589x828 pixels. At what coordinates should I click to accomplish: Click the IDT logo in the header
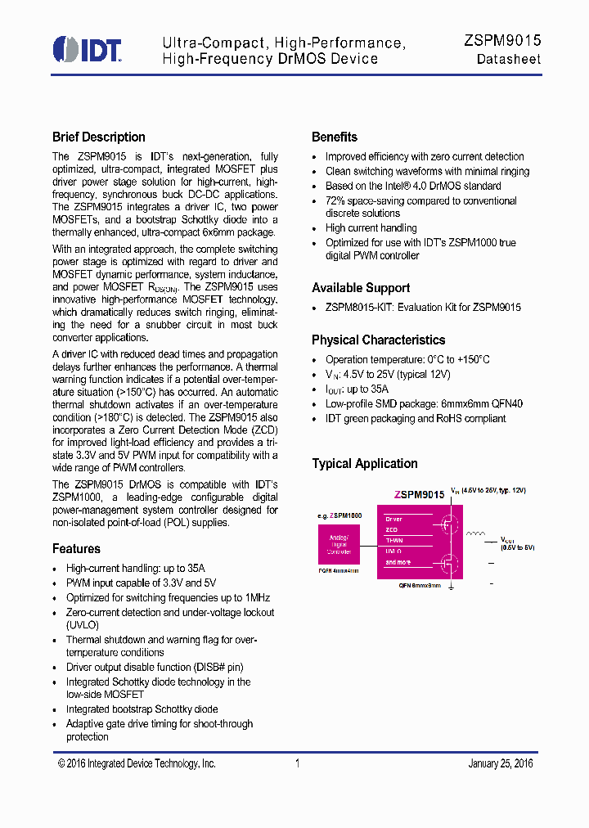[x=87, y=49]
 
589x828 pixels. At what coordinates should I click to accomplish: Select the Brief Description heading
[x=98, y=137]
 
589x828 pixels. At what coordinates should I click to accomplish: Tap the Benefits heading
[x=334, y=137]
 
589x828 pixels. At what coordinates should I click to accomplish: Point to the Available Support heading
[x=361, y=288]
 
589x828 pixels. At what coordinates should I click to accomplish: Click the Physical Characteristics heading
[x=378, y=340]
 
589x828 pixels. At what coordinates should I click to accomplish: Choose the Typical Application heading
[x=364, y=464]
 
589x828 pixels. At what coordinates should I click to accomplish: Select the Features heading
[x=76, y=549]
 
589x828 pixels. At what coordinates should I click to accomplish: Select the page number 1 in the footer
[x=297, y=763]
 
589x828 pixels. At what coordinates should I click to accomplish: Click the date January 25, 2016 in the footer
[x=500, y=763]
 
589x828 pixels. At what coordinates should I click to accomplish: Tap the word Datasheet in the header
[x=509, y=61]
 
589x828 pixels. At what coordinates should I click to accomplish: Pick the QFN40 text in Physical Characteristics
[x=506, y=404]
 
